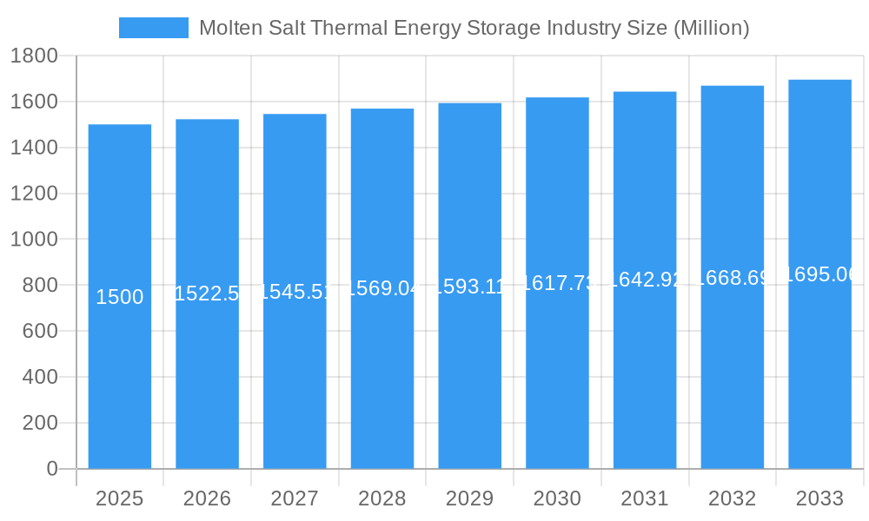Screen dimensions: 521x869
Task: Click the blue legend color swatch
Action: point(153,28)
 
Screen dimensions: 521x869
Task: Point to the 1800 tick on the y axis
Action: point(34,56)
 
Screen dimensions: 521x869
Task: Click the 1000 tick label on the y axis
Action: point(34,240)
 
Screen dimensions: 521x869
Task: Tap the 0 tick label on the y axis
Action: point(51,469)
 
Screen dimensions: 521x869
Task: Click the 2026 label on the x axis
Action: point(207,498)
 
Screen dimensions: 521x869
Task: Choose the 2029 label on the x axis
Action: point(469,498)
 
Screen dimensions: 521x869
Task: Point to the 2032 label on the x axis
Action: point(732,498)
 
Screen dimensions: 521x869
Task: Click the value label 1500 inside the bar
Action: point(120,297)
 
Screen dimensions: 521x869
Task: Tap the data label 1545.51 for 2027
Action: point(295,292)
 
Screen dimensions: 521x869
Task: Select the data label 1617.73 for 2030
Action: point(557,283)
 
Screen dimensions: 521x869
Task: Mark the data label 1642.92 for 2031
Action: point(645,280)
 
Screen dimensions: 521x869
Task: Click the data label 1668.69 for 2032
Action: point(733,278)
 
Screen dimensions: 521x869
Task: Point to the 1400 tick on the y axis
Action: point(34,148)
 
